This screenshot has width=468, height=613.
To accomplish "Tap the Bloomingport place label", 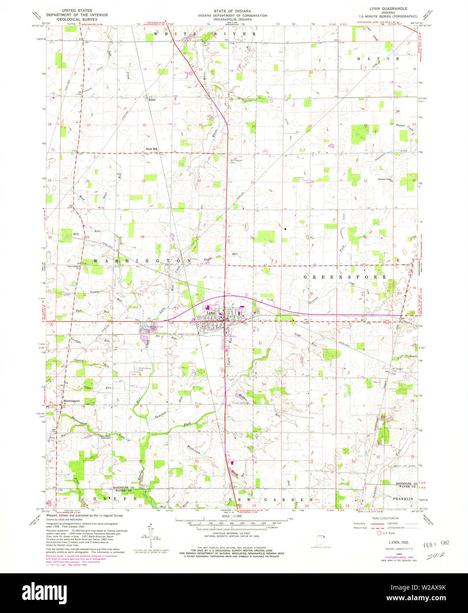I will [x=71, y=401].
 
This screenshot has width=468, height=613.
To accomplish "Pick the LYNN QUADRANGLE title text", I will [x=388, y=9].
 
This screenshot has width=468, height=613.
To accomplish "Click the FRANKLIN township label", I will [x=404, y=498].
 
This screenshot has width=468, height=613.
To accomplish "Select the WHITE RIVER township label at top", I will [x=204, y=34].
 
